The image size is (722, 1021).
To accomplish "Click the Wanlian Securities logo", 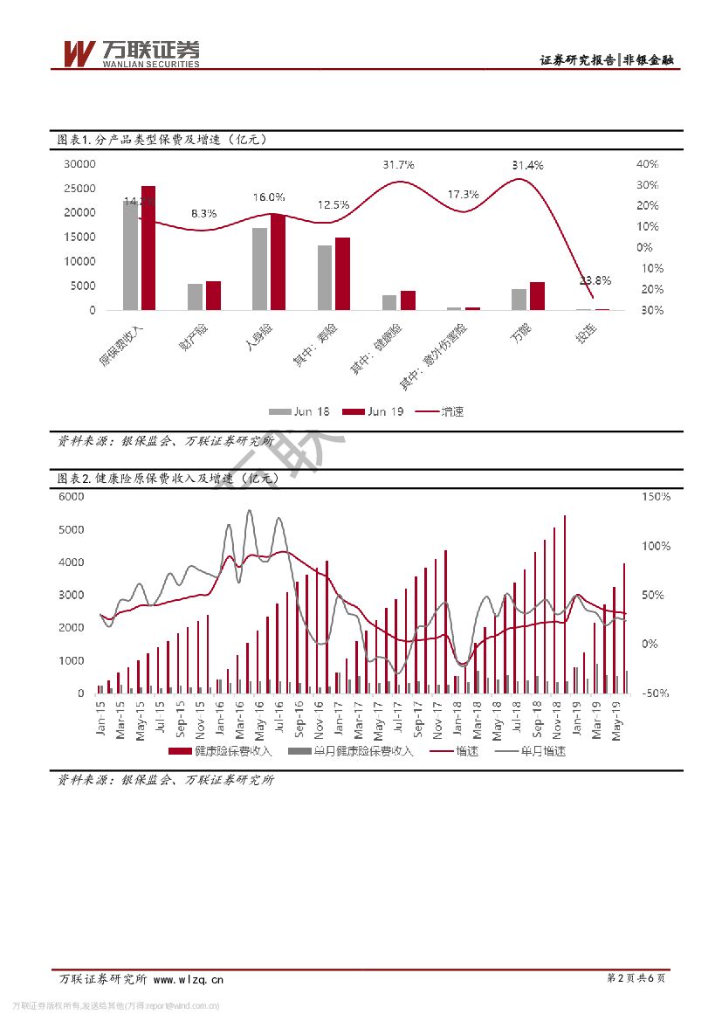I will click(131, 54).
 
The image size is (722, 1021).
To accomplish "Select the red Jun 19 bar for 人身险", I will click(278, 262).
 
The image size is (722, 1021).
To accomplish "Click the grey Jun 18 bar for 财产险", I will click(196, 296).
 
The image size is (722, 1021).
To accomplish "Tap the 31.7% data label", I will click(398, 165).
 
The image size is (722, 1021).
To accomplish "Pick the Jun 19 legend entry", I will click(375, 411).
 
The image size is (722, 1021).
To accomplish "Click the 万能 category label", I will click(521, 332).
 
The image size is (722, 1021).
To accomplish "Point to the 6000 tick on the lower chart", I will click(72, 496).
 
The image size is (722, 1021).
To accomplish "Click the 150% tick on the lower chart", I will click(654, 496).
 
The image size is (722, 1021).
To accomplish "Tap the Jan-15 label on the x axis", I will click(101, 720).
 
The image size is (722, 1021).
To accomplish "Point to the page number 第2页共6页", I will click(636, 979).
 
